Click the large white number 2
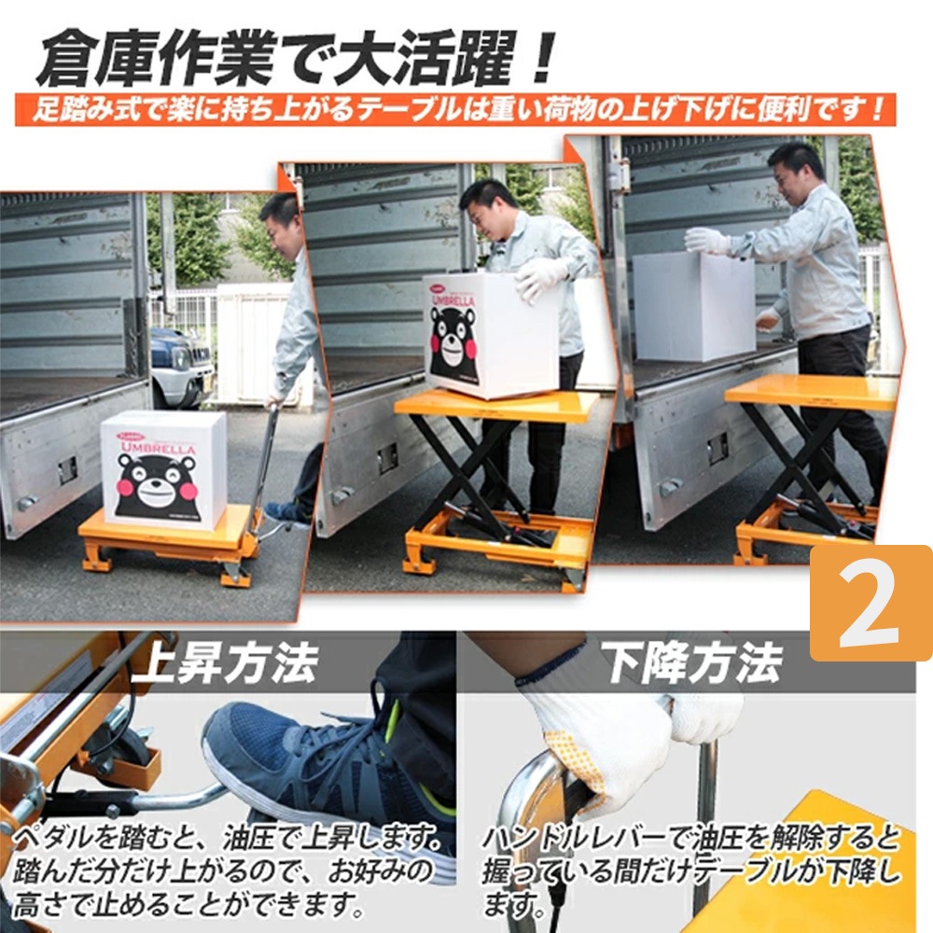tap(869, 606)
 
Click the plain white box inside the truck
tap(693, 305)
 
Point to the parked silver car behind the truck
tap(181, 366)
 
